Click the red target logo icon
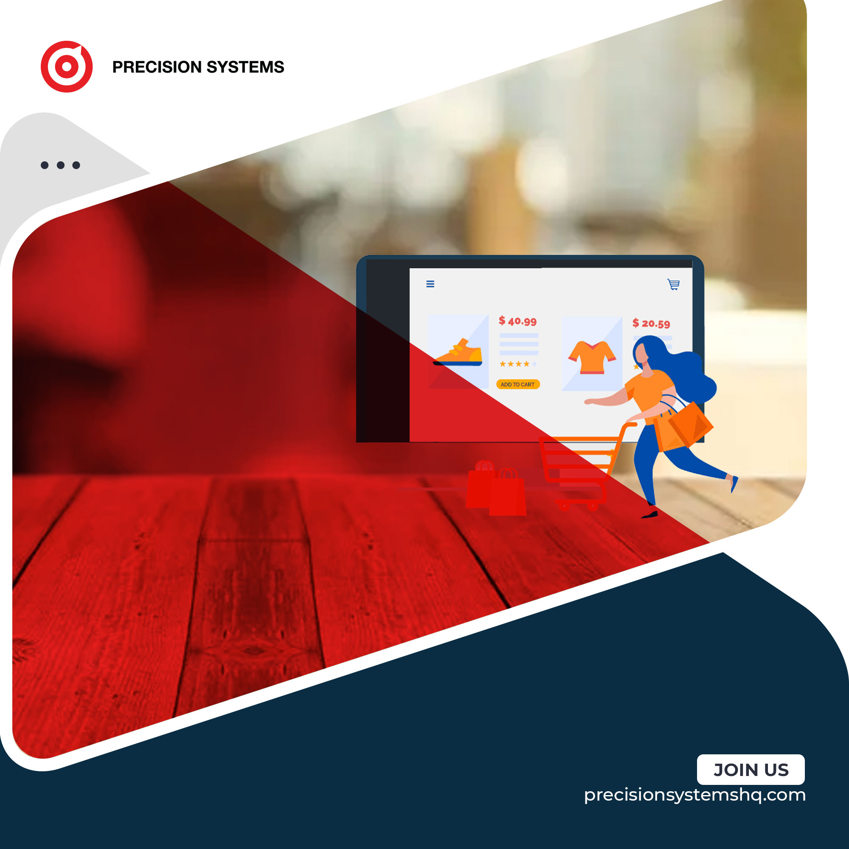click(x=66, y=66)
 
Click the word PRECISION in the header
click(x=157, y=67)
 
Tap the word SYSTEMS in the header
click(x=245, y=67)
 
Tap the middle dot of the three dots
click(x=61, y=165)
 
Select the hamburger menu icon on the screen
click(x=430, y=284)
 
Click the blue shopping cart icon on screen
click(x=674, y=284)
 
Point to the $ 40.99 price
click(x=517, y=321)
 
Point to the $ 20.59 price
click(x=651, y=323)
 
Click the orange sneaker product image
click(x=458, y=353)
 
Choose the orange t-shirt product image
click(x=592, y=357)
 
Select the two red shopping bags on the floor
click(x=496, y=488)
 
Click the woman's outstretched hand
click(x=589, y=401)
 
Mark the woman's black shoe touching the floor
click(x=649, y=514)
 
